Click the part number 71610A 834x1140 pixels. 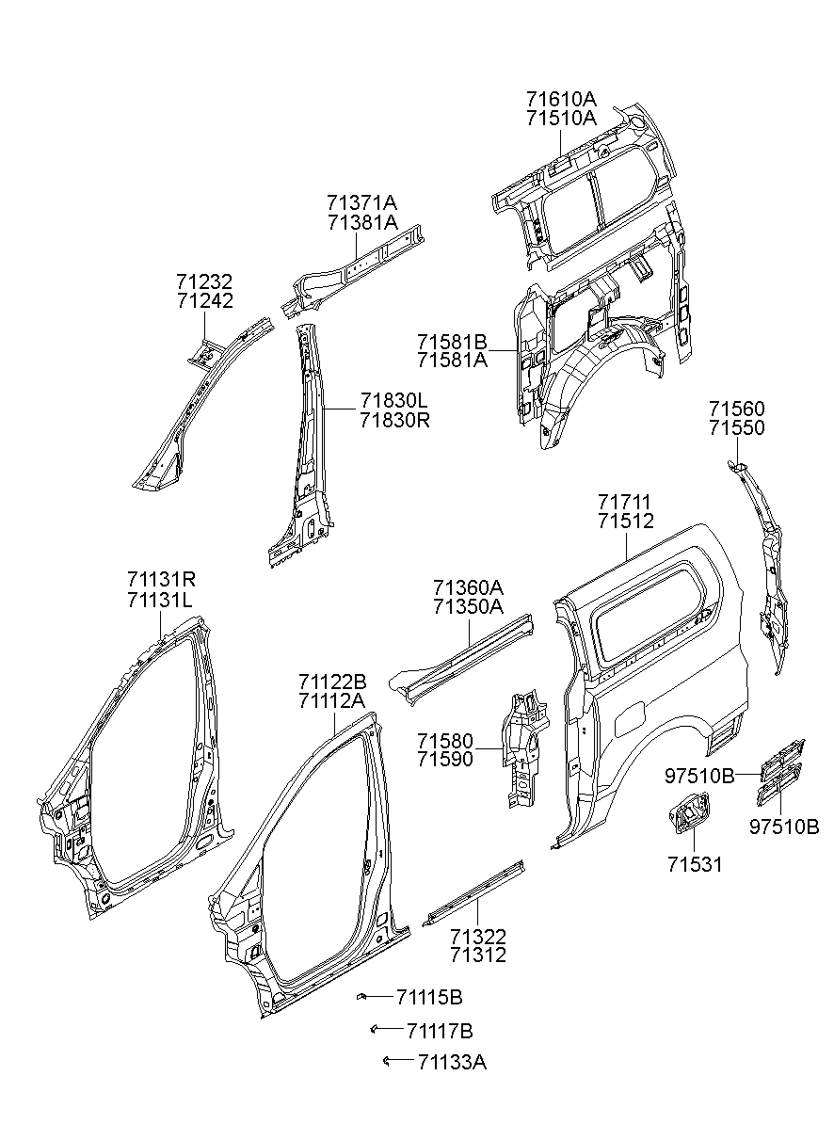(561, 98)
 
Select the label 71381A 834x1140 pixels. (362, 222)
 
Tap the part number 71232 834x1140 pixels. (204, 281)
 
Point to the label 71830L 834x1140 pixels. (394, 400)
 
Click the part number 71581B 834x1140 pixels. (453, 341)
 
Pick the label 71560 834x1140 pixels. (737, 409)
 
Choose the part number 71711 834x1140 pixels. (625, 503)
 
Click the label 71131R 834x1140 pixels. (161, 579)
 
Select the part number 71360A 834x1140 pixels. (468, 587)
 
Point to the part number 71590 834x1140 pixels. (445, 759)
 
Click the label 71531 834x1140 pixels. (695, 865)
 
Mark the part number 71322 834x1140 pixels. (478, 937)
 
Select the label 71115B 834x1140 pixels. (429, 998)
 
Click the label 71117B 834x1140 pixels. (440, 1032)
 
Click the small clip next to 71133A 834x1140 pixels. (386, 1061)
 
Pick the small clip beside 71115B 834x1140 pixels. (361, 997)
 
